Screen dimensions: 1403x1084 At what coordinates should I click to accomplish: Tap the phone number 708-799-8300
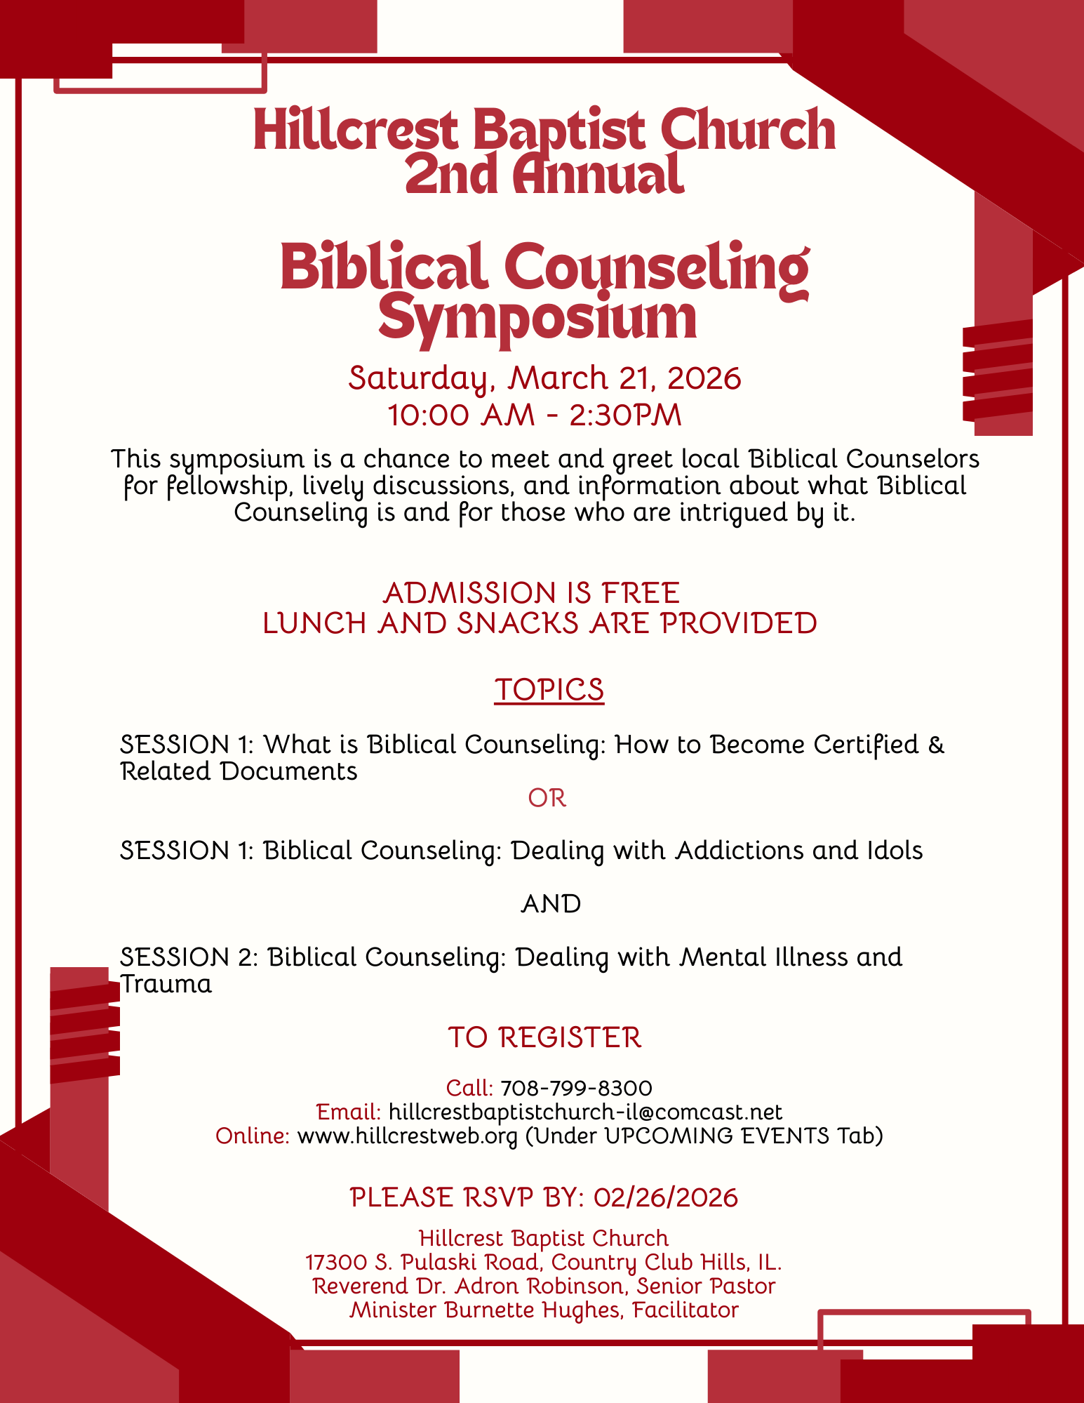576,1088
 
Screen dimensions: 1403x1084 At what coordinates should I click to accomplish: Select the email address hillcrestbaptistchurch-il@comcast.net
585,1112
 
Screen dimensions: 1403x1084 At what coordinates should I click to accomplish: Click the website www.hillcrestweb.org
408,1136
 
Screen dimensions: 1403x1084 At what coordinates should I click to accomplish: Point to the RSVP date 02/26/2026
665,1197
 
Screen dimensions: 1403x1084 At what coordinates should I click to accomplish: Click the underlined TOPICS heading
549,690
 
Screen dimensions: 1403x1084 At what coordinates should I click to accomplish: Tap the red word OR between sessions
547,798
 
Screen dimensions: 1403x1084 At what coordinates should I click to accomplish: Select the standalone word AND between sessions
551,904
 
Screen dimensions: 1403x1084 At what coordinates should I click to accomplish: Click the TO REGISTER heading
544,1037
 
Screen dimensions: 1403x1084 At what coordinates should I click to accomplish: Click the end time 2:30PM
625,415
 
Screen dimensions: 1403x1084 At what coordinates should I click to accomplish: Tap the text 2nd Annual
544,175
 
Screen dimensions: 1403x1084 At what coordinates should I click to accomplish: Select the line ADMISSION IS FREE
532,593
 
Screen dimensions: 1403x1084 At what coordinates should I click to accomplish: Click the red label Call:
469,1088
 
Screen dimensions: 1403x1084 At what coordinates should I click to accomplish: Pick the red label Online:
253,1136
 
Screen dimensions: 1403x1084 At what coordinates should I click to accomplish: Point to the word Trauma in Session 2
166,984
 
